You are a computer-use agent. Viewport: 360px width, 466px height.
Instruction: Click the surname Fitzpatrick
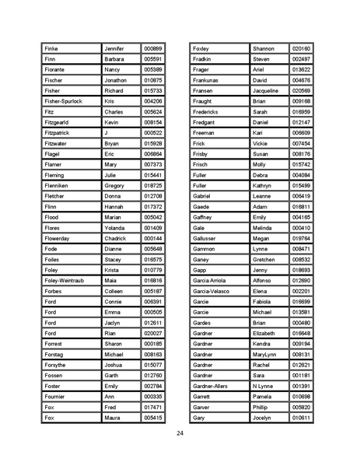60,133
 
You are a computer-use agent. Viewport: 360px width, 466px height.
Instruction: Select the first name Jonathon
115,80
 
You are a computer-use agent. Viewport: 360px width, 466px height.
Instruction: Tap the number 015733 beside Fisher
153,91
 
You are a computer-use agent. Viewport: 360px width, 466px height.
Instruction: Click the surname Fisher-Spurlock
63,101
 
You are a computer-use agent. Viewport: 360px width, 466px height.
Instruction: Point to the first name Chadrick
116,238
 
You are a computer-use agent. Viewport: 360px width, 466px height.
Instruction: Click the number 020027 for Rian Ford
153,333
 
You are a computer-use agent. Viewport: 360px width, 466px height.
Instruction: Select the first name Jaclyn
113,322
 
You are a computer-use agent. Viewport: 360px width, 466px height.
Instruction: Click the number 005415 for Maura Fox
153,418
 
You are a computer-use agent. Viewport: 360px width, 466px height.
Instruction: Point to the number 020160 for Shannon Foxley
301,48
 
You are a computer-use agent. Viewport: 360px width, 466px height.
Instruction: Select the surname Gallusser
207,238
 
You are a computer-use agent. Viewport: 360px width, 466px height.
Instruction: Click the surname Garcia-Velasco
211,291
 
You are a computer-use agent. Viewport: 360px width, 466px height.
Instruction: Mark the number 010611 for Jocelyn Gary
301,418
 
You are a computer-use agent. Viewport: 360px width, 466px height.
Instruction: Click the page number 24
180,433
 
